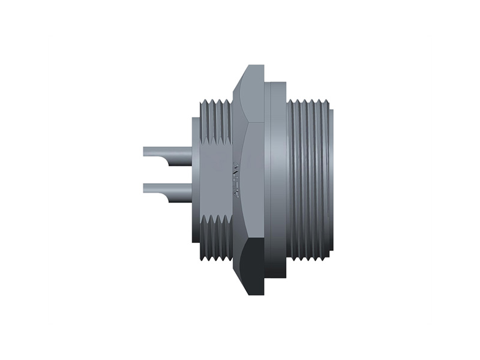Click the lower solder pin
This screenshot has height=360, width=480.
click(165, 188)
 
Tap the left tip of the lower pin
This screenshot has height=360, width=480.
click(145, 188)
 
